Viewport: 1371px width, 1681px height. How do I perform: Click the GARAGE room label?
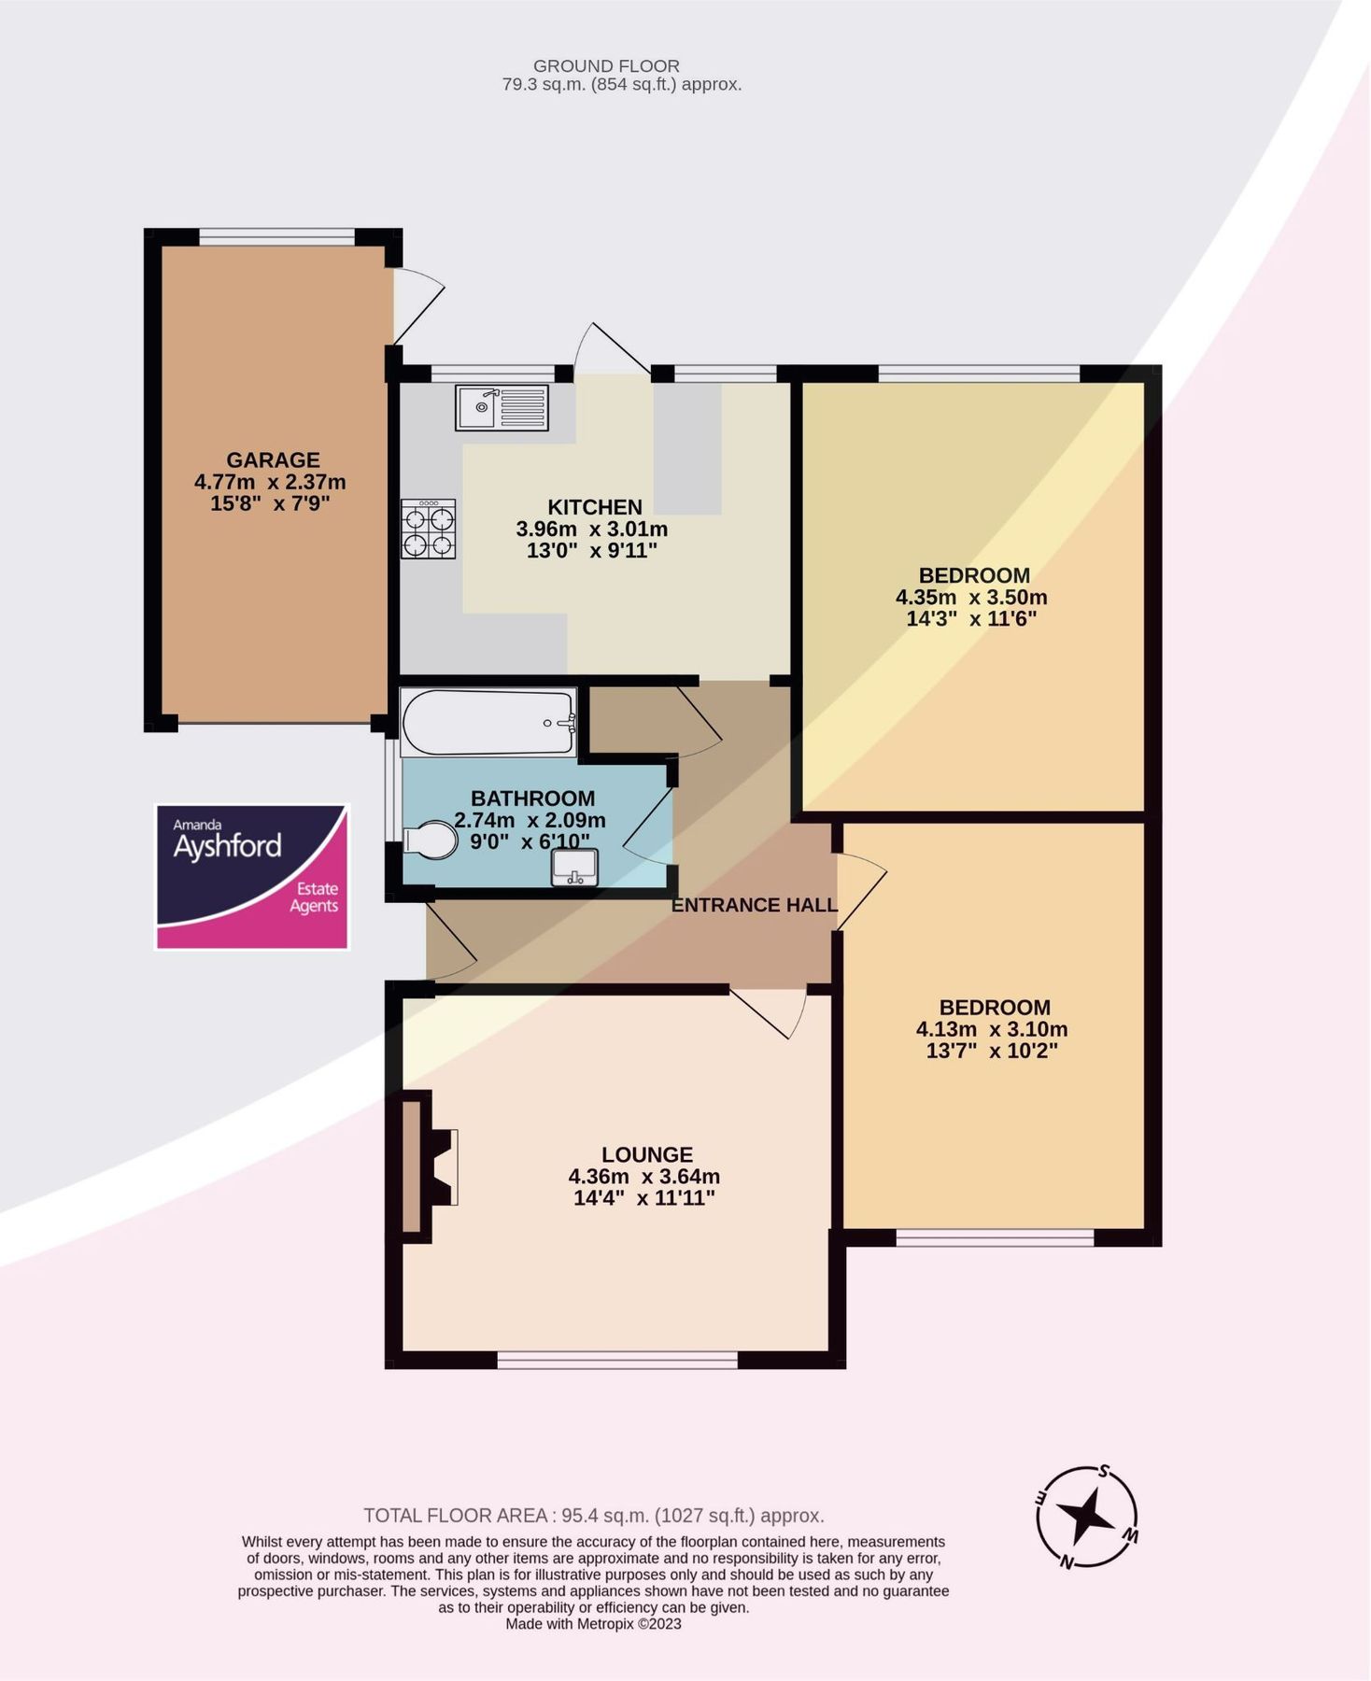click(x=273, y=459)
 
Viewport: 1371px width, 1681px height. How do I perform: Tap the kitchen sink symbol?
click(x=502, y=408)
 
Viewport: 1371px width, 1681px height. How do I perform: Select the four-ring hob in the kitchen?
click(x=429, y=530)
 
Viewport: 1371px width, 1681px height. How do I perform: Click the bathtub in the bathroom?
click(x=488, y=722)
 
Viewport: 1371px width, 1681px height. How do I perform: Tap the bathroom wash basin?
click(x=574, y=868)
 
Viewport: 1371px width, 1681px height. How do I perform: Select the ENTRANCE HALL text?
click(x=754, y=905)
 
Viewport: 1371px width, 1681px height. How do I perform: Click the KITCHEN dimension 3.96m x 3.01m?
click(x=592, y=530)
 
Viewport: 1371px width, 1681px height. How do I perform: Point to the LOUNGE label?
click(x=646, y=1154)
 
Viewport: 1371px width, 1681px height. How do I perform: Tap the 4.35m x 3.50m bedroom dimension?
click(x=971, y=598)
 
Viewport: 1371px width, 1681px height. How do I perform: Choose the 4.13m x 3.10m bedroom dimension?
click(x=992, y=1029)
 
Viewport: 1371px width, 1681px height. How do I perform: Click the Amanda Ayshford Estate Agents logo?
click(x=251, y=877)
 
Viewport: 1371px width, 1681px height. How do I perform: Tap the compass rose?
click(x=1086, y=1517)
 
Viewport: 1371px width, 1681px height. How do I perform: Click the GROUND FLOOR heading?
click(x=606, y=66)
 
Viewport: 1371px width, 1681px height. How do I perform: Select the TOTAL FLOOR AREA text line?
click(x=593, y=1516)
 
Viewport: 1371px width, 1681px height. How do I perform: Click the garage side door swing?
click(x=417, y=304)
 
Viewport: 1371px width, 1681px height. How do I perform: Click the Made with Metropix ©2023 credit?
click(x=593, y=1624)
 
